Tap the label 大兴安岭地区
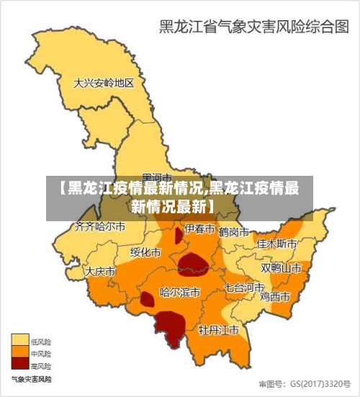click(104, 84)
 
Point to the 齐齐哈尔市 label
click(100, 227)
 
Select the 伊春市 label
click(199, 229)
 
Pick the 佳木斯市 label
click(277, 244)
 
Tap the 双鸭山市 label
click(281, 267)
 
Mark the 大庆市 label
click(100, 272)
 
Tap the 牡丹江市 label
click(219, 331)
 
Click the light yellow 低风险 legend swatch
click(20, 339)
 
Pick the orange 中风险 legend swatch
click(20, 352)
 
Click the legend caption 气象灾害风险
click(30, 378)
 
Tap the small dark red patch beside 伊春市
click(179, 236)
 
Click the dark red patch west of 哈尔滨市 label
click(147, 299)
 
